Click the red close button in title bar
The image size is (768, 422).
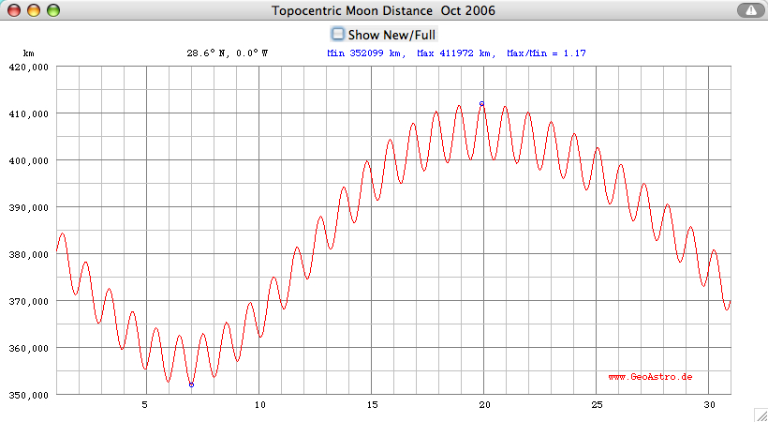(x=14, y=10)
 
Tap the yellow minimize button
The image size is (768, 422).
(x=34, y=10)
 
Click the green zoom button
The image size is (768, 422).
(x=52, y=10)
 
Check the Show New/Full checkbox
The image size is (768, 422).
(x=339, y=34)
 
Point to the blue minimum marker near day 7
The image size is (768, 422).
(x=191, y=384)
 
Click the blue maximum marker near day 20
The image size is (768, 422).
(x=481, y=104)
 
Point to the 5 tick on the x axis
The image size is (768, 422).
(x=145, y=405)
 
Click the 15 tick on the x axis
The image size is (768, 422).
(x=371, y=405)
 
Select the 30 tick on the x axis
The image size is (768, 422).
(x=709, y=405)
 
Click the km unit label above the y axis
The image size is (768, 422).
(x=28, y=53)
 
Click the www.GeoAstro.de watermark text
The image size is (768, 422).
(x=650, y=376)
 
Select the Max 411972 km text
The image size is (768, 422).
(x=454, y=53)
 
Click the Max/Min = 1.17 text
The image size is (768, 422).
(x=546, y=53)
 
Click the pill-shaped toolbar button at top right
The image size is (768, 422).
(x=750, y=10)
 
